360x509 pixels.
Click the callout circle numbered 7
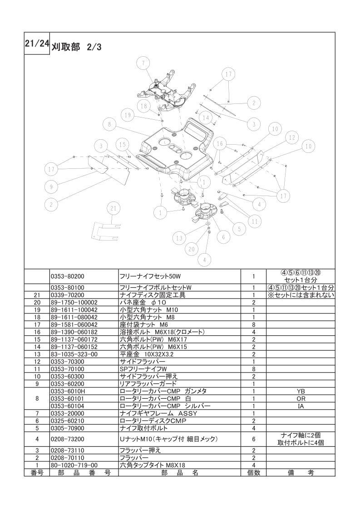click(143, 63)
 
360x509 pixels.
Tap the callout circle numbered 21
click(113, 208)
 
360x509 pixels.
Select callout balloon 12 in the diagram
click(292, 137)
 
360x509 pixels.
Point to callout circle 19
click(128, 115)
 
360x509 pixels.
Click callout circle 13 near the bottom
click(179, 238)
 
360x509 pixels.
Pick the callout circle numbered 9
click(51, 186)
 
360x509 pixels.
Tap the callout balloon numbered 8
click(109, 124)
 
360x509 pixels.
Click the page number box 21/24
click(37, 44)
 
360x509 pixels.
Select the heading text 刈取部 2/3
click(76, 47)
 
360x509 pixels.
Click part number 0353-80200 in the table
click(68, 277)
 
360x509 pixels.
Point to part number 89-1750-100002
click(74, 303)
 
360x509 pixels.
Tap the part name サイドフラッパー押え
click(149, 377)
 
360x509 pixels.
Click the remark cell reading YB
click(301, 392)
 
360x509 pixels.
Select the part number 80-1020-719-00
click(74, 465)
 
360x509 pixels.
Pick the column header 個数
click(254, 473)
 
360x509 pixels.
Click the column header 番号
click(37, 473)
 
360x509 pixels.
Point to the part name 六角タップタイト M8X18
click(153, 465)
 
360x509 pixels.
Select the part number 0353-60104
click(68, 406)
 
